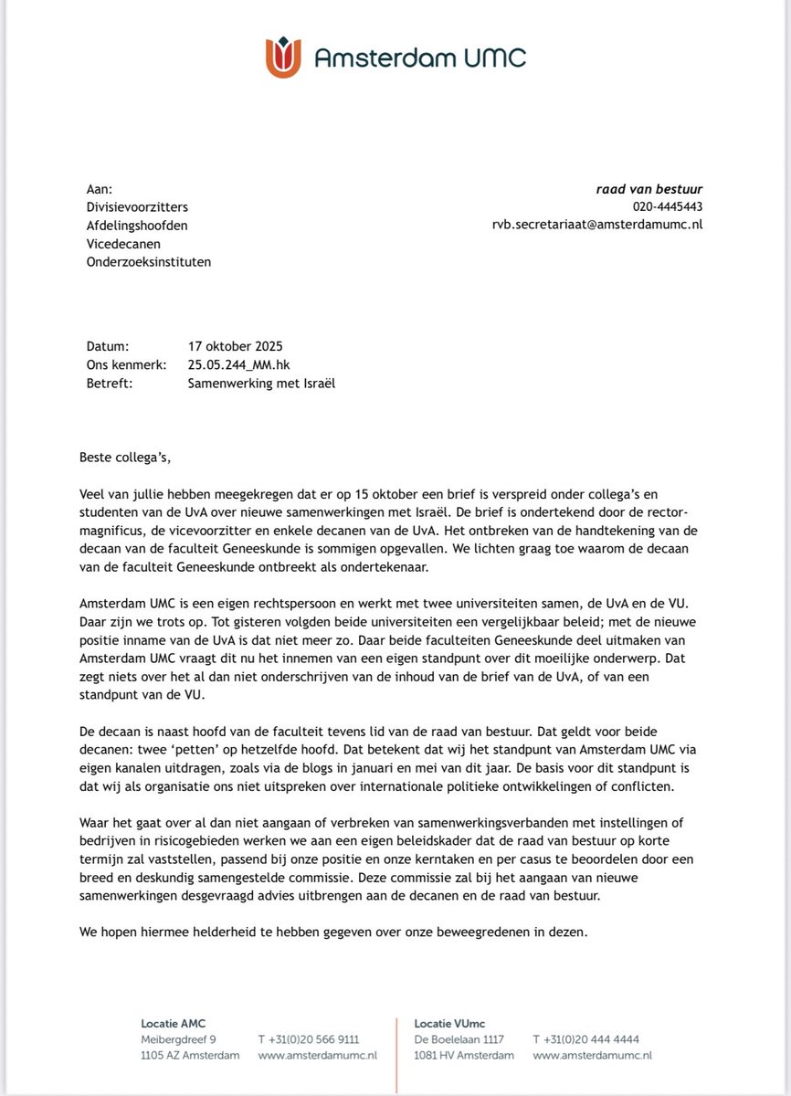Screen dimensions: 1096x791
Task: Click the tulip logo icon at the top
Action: coord(284,58)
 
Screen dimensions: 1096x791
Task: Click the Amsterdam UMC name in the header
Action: coord(420,58)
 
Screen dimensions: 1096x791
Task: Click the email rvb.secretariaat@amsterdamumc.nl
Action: coord(597,225)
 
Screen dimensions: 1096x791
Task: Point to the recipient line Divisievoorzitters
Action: coord(137,207)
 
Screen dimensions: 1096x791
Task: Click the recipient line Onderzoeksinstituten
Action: coord(149,261)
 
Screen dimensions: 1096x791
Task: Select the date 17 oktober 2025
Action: coord(235,347)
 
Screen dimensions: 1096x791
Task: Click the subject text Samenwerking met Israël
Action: coord(261,384)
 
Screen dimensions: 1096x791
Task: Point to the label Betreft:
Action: coord(110,384)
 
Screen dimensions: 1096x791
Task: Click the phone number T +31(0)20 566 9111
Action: coord(308,1039)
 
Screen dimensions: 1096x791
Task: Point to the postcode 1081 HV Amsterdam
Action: coord(464,1056)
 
